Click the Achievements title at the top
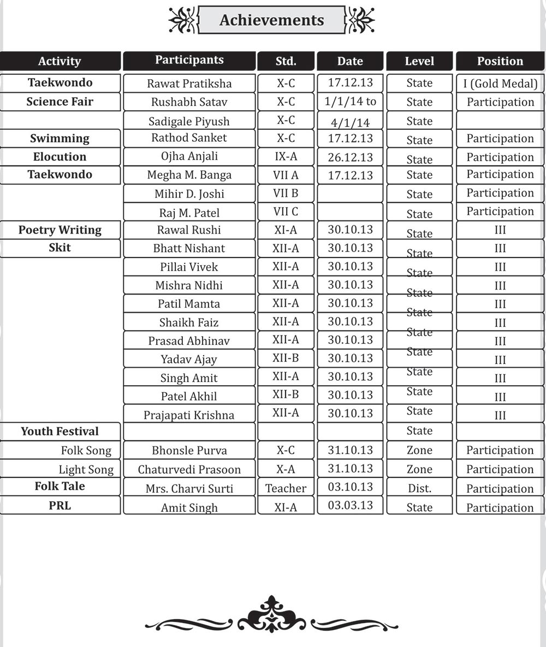click(271, 20)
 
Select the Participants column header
click(189, 61)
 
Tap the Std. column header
click(286, 61)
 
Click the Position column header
click(500, 61)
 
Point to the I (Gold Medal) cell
click(500, 83)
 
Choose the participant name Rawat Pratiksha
click(189, 83)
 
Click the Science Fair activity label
click(60, 101)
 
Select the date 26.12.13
click(350, 157)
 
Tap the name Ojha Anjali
click(189, 157)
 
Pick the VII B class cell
click(286, 194)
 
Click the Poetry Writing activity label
click(60, 230)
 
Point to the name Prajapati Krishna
click(189, 415)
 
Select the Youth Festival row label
click(60, 432)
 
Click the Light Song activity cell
click(86, 470)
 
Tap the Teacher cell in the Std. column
click(286, 488)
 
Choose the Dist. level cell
click(419, 488)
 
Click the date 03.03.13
click(350, 505)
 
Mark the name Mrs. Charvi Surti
click(189, 488)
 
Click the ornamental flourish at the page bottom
click(271, 616)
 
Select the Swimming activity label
click(60, 139)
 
